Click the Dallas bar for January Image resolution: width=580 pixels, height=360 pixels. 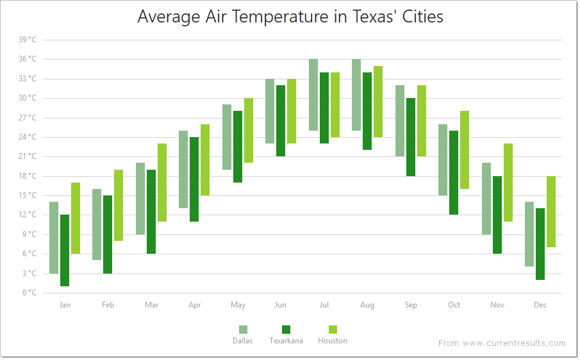click(x=54, y=238)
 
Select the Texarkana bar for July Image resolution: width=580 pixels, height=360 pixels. click(x=324, y=108)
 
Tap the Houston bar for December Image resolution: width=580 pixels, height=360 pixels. click(x=551, y=211)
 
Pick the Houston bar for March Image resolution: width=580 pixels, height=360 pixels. click(x=162, y=183)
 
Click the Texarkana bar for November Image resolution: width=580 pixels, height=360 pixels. click(x=497, y=215)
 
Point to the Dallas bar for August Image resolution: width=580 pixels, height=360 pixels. click(x=356, y=95)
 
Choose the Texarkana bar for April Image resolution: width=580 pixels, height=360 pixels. click(x=194, y=179)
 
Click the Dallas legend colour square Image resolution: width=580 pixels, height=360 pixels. click(x=243, y=329)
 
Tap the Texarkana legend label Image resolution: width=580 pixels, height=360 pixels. click(x=286, y=341)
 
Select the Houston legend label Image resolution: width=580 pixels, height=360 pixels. click(x=333, y=341)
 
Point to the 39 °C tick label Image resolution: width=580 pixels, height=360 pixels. click(x=28, y=40)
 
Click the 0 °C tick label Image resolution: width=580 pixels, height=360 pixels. click(x=29, y=293)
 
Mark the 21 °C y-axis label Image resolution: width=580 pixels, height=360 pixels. click(x=28, y=156)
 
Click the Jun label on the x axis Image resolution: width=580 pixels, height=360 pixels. click(x=281, y=305)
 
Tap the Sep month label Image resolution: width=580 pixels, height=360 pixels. click(x=411, y=305)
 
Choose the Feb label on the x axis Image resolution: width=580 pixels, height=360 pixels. click(x=108, y=305)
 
